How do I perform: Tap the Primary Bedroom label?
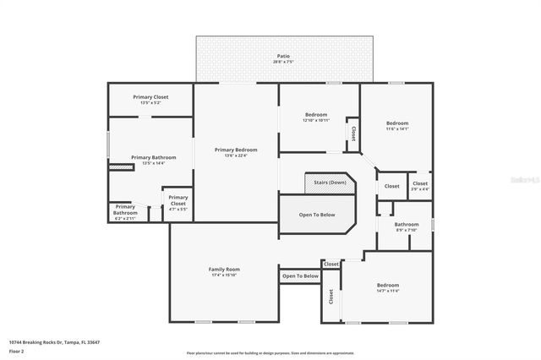236,150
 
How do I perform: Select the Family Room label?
225,269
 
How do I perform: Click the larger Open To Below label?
317,215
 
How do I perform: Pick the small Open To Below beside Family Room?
300,275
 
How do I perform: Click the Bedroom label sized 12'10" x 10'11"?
315,115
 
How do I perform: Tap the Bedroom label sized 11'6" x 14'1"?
396,123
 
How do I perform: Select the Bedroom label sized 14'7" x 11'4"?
388,286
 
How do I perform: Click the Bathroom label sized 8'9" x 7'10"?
407,224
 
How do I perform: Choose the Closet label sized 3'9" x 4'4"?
420,183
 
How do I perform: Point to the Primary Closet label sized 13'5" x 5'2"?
150,97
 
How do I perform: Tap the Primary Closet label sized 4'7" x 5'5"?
178,198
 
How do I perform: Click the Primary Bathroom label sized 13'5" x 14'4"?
153,157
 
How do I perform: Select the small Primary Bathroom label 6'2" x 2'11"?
125,207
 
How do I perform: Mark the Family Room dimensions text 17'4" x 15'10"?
225,275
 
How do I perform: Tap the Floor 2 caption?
17,350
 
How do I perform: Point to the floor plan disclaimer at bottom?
270,352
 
